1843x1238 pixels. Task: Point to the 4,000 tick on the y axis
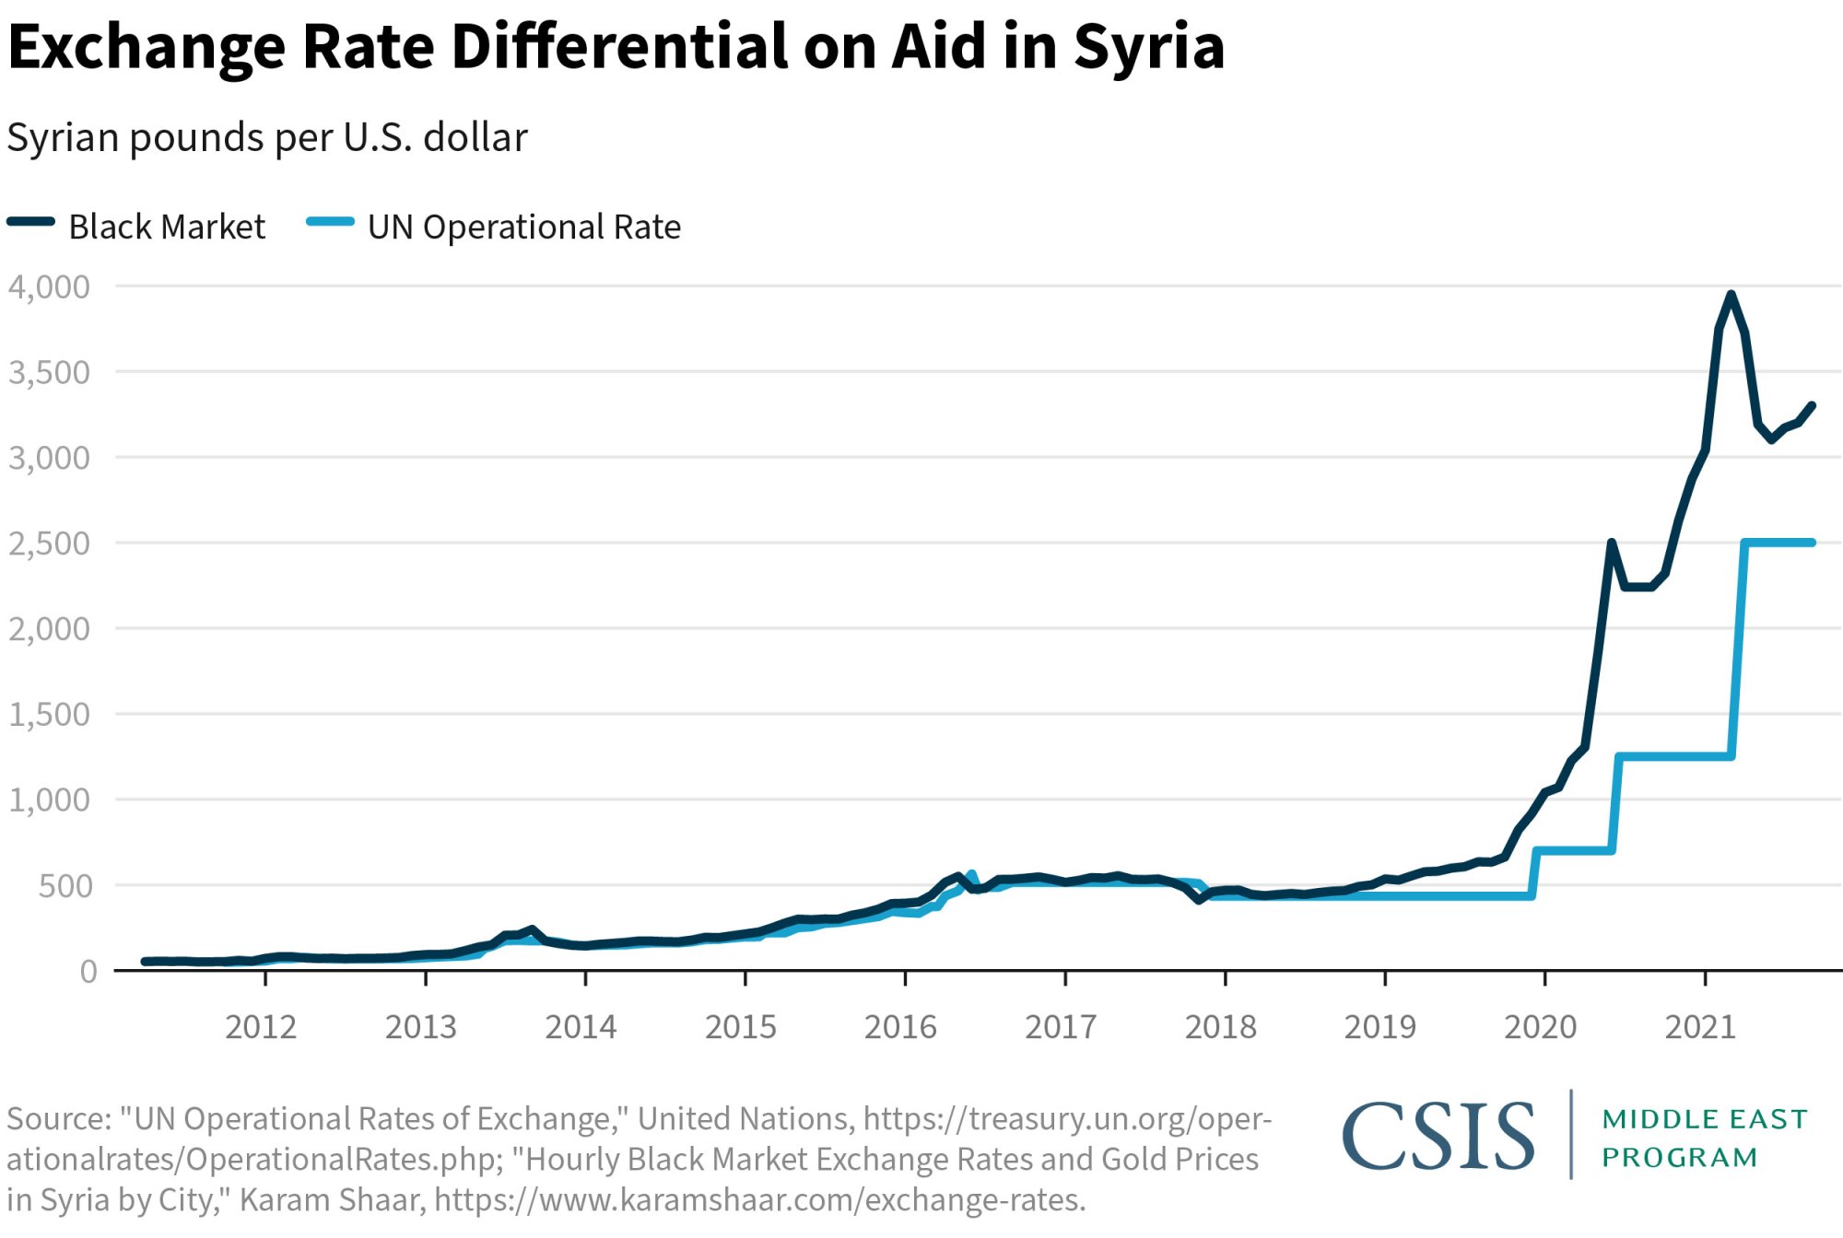pyautogui.click(x=50, y=286)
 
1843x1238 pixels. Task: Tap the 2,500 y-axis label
pyautogui.click(x=50, y=543)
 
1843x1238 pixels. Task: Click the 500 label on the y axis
pyautogui.click(x=65, y=886)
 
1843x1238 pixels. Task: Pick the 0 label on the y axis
pyautogui.click(x=88, y=971)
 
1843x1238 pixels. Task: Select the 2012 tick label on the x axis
pyautogui.click(x=261, y=1026)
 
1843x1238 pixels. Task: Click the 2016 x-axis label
pyautogui.click(x=900, y=1026)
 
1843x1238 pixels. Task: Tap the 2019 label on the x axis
pyautogui.click(x=1379, y=1026)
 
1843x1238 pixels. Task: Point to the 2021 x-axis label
pyautogui.click(x=1700, y=1026)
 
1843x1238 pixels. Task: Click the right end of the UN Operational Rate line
pyautogui.click(x=1812, y=543)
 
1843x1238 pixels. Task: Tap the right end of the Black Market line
pyautogui.click(x=1812, y=405)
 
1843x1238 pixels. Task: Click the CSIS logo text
pyautogui.click(x=1438, y=1137)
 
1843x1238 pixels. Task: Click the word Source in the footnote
pyautogui.click(x=57, y=1119)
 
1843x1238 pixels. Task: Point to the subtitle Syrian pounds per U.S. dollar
pyautogui.click(x=267, y=138)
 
